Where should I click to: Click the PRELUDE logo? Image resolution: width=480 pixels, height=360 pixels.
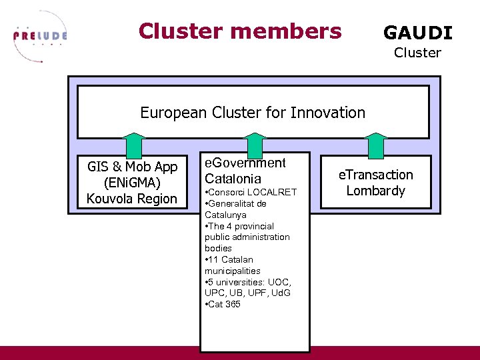point(40,37)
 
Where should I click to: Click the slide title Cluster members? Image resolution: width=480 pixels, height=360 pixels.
point(240,31)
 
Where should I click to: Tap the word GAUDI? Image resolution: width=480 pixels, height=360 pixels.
point(417,33)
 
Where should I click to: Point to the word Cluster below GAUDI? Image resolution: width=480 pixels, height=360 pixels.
point(417,53)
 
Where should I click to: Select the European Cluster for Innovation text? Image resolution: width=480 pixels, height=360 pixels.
point(253,113)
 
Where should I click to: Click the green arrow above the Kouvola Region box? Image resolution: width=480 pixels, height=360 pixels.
point(135,145)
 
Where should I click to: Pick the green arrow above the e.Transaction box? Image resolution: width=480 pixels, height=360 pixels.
point(376,145)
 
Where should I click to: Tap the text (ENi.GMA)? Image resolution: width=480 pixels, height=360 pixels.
point(131,183)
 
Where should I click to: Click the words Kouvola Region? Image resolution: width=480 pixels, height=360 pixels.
point(132,199)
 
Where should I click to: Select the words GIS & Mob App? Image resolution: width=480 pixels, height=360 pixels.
point(132,167)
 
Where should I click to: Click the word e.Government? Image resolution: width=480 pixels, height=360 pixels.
point(245,163)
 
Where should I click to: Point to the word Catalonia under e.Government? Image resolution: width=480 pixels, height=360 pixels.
point(232,179)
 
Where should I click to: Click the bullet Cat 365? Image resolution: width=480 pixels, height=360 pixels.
point(225,305)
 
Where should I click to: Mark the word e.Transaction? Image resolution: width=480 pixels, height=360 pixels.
point(376,175)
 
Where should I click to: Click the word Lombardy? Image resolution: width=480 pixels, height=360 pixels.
point(376,191)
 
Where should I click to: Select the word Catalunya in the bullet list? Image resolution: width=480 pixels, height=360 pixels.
point(225,215)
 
